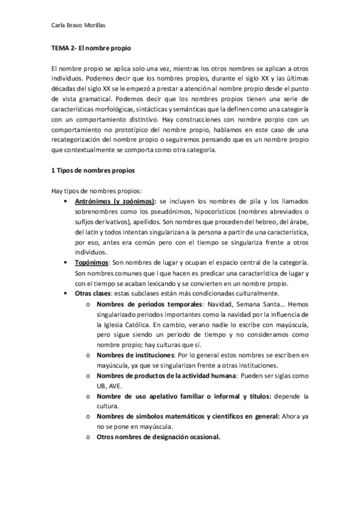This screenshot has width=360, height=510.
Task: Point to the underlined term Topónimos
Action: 91,263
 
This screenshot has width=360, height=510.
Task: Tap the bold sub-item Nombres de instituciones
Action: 138,355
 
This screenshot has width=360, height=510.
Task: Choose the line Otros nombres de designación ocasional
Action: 158,437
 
